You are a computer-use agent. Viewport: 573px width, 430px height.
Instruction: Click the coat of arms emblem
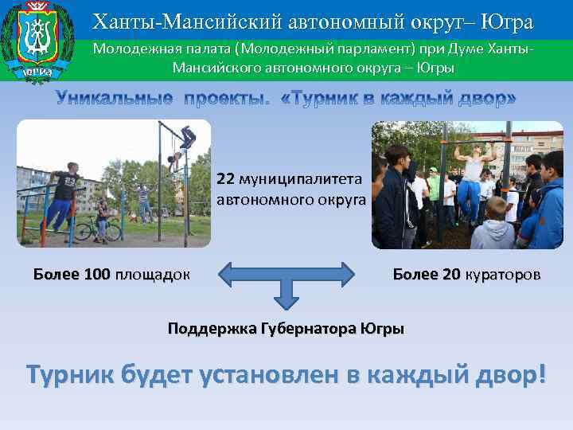[37, 40]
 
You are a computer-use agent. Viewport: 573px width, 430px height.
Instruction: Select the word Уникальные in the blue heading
[114, 98]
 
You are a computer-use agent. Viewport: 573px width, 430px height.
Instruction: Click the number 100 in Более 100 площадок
[96, 275]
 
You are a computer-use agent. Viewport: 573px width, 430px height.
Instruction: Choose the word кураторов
[503, 275]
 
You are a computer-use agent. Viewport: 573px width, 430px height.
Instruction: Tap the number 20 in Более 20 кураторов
[451, 275]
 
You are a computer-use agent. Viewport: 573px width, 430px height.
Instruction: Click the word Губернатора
[309, 328]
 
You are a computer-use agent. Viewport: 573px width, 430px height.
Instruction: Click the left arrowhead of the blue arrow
[225, 275]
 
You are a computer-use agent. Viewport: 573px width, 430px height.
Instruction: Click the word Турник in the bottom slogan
[69, 373]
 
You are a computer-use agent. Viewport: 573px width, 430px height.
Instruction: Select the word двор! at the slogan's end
[506, 373]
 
